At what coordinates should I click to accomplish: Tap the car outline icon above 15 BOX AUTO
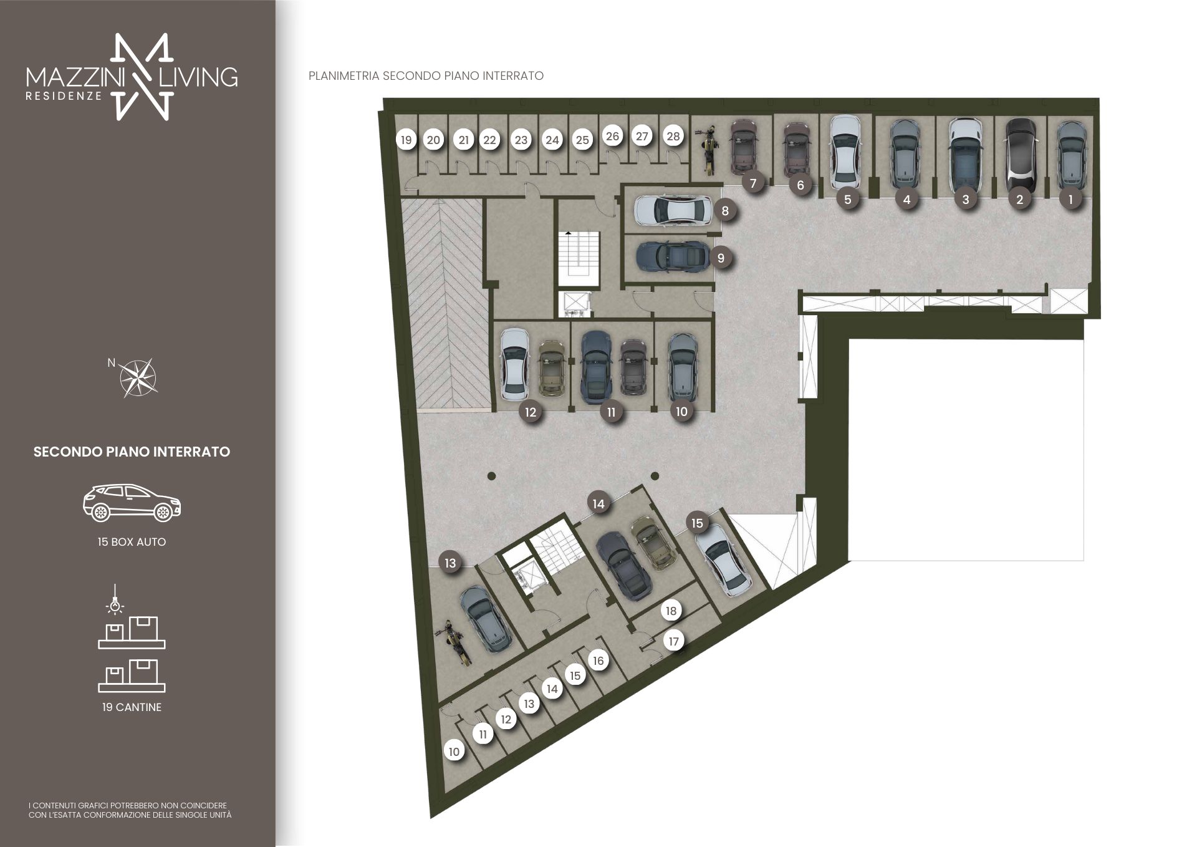point(132,503)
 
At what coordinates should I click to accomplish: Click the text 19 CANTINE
point(132,707)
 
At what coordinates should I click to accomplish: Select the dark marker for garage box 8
point(725,211)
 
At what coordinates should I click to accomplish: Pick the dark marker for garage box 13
point(450,563)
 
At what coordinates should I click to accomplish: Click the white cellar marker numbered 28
point(673,136)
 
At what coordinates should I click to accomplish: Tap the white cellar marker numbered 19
point(406,140)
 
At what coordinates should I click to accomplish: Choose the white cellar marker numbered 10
point(454,752)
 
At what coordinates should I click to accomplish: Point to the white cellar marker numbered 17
point(673,641)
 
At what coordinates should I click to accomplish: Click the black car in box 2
point(1021,155)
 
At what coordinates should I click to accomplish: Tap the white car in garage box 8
point(673,210)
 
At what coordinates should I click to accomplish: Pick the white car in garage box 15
point(723,560)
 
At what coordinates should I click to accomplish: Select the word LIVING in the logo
point(199,77)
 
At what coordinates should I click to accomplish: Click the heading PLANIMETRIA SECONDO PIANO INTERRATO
point(426,76)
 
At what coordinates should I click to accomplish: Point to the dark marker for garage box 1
point(1071,199)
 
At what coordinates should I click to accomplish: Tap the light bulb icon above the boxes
point(115,599)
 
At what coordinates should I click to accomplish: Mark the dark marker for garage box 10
point(681,412)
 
